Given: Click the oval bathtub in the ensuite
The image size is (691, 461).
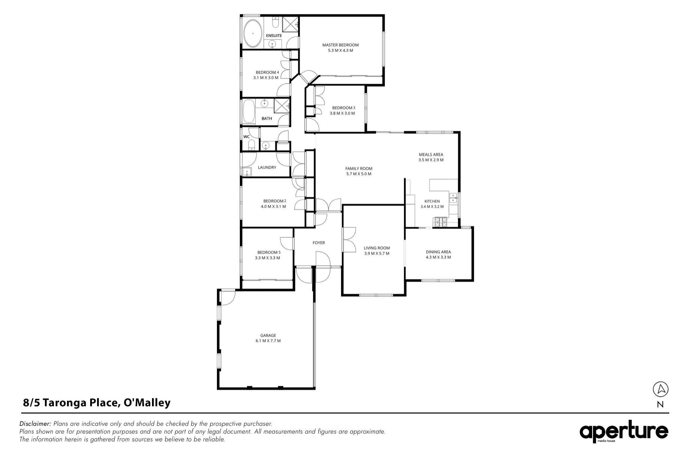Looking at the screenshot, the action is [x=253, y=34].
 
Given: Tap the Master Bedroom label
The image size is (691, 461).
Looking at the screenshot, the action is [x=340, y=45].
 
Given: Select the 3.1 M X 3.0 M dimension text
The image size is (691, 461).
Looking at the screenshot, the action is [x=266, y=78].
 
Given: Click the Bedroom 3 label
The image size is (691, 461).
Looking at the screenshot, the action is [x=344, y=108].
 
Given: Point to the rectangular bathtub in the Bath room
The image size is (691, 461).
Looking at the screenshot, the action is [x=248, y=111].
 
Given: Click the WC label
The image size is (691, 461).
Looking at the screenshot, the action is [x=246, y=137].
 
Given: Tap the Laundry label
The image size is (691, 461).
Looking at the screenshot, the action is [x=267, y=167].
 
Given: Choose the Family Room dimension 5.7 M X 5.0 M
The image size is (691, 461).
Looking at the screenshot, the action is [x=359, y=174].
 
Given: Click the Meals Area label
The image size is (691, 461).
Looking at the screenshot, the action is [x=431, y=154].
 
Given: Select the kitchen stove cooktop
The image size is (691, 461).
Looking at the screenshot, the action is [x=441, y=222].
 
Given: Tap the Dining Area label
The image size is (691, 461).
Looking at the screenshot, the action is [x=438, y=252].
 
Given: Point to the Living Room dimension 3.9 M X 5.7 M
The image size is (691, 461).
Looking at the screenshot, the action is [x=377, y=253].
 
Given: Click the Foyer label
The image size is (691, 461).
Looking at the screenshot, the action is [x=319, y=243].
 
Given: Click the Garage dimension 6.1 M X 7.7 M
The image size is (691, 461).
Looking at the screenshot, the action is [x=268, y=341].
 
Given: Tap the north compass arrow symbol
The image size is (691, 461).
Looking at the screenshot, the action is [x=661, y=389].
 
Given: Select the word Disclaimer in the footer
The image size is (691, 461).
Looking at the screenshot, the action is [x=35, y=424].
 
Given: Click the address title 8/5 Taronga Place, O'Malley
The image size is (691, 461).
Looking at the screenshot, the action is [x=97, y=403].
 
